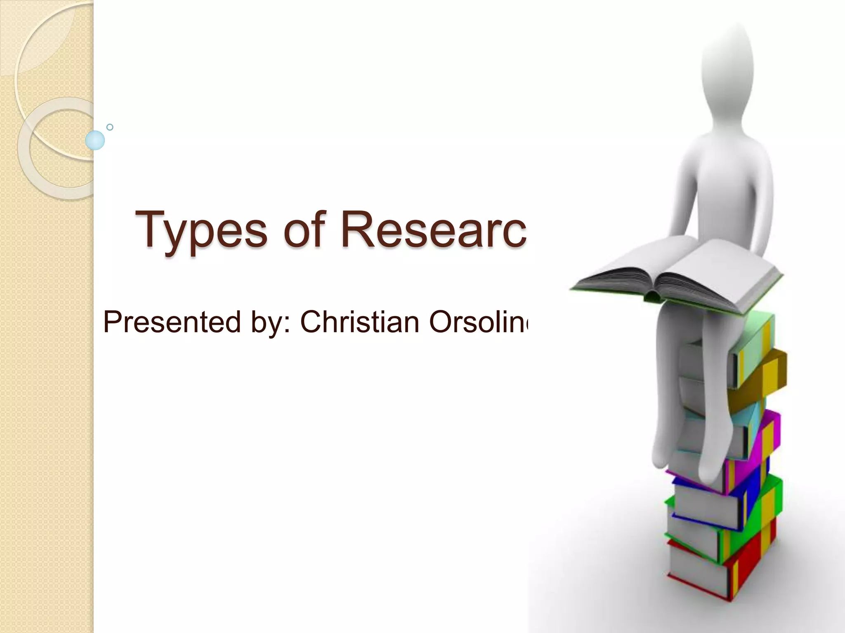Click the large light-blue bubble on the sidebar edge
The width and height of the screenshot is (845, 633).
click(x=95, y=140)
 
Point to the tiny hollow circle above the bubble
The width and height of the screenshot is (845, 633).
click(x=110, y=127)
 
